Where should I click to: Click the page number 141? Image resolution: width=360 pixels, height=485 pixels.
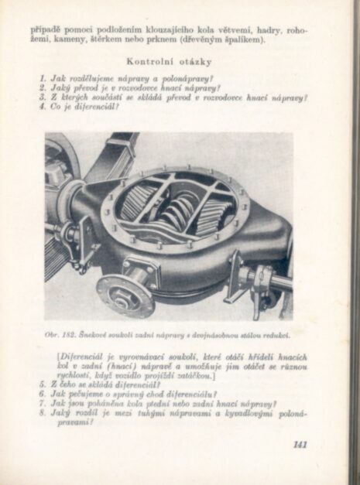coord(300,443)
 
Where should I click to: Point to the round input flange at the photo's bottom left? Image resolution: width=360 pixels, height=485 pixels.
coord(124,295)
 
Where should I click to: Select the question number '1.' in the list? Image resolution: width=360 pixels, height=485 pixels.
coord(43,78)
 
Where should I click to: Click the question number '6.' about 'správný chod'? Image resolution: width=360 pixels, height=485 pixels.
coord(43,393)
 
